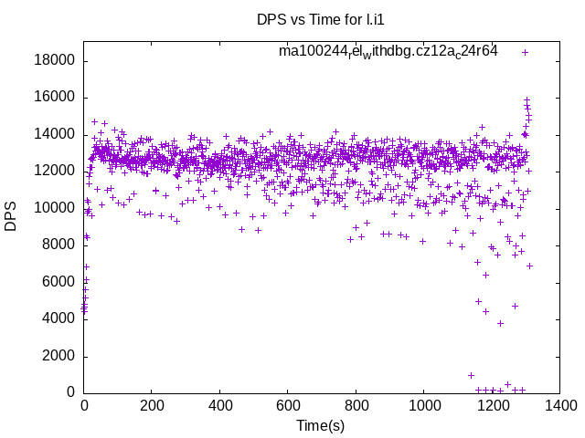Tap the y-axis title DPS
click(x=11, y=216)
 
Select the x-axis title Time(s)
click(x=321, y=425)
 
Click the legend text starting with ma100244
click(x=388, y=52)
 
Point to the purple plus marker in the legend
click(x=525, y=52)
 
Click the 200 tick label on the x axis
click(x=152, y=406)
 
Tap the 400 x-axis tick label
click(x=219, y=406)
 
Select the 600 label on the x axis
click(x=288, y=406)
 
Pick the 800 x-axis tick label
click(x=356, y=406)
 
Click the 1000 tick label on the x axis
click(x=423, y=406)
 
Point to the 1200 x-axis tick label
click(x=491, y=406)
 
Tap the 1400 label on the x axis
click(x=559, y=406)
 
